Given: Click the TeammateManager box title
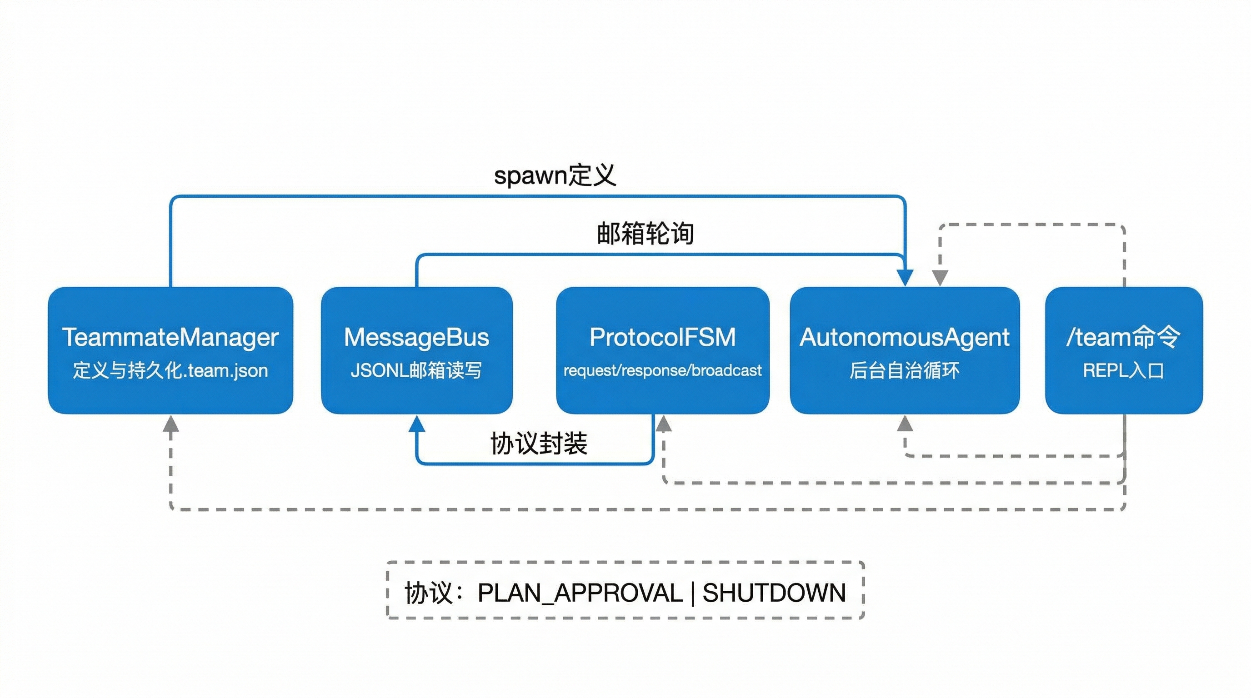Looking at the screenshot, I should point(170,337).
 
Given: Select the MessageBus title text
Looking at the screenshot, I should point(416,337).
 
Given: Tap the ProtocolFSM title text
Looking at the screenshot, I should point(662,337).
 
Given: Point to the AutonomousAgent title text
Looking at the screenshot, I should point(904,337).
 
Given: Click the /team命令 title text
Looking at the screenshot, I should point(1123,337).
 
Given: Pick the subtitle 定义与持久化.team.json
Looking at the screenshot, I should point(170,370).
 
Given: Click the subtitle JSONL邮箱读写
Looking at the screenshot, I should point(416,370).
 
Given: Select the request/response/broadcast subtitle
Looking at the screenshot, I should point(662,370).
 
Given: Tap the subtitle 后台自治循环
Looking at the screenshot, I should point(904,370).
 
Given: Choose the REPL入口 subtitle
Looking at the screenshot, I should point(1123,370).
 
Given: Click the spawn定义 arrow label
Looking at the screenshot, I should point(555,175).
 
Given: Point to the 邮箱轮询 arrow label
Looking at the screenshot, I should point(645,234).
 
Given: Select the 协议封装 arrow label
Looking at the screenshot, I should point(539,443).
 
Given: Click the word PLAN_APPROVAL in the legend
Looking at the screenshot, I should point(580,593).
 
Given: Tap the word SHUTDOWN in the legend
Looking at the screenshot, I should point(774,593).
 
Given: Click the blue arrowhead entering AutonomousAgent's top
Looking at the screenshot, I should point(905,278).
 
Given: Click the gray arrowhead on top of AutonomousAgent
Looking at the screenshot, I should point(940,278).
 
